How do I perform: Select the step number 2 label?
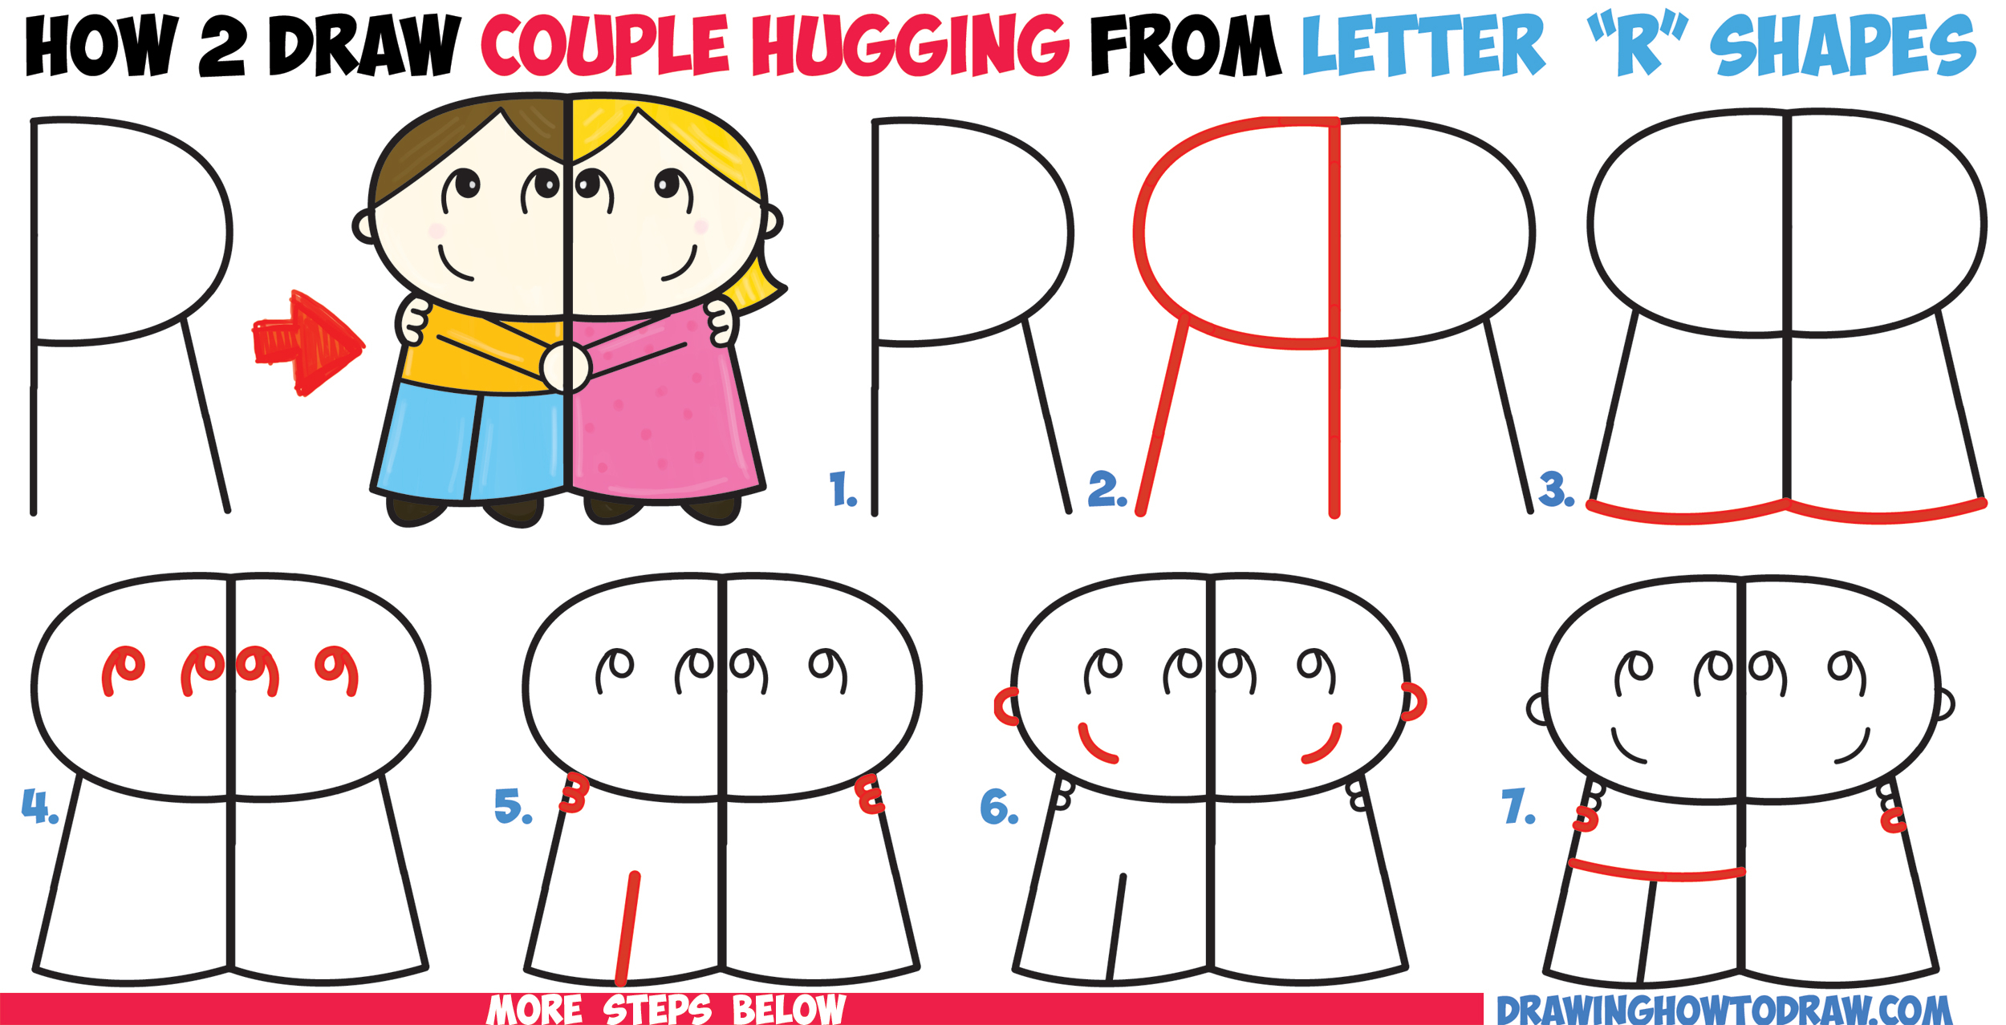[1107, 490]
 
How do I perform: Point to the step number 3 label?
[1556, 490]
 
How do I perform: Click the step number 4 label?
[39, 806]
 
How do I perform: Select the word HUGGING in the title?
[910, 47]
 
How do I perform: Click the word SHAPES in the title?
[1842, 47]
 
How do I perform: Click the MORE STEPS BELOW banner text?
[666, 1010]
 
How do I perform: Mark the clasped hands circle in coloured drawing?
[566, 367]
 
